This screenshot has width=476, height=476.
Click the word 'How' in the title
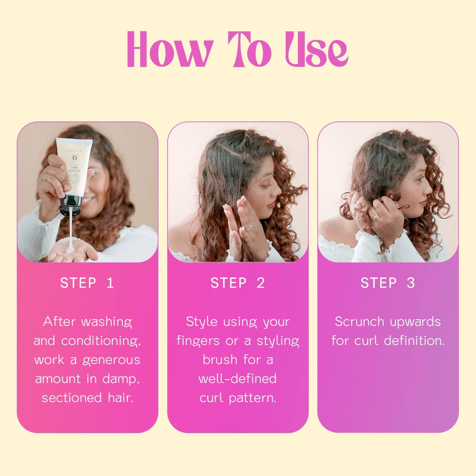(x=169, y=50)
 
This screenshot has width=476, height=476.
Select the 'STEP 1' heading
(x=87, y=283)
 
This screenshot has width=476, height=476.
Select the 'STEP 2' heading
(x=237, y=283)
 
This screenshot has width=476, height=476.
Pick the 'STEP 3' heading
(x=387, y=283)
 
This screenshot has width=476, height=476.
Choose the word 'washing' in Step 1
(x=107, y=322)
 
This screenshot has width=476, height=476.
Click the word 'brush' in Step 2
(x=220, y=360)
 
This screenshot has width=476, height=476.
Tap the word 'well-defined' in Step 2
(x=237, y=379)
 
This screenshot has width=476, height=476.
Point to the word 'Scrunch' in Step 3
(x=359, y=322)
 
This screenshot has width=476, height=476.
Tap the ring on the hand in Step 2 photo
(x=249, y=228)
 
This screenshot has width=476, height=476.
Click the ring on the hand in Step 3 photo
(x=375, y=217)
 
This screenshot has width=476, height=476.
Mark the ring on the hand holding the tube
(x=47, y=176)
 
